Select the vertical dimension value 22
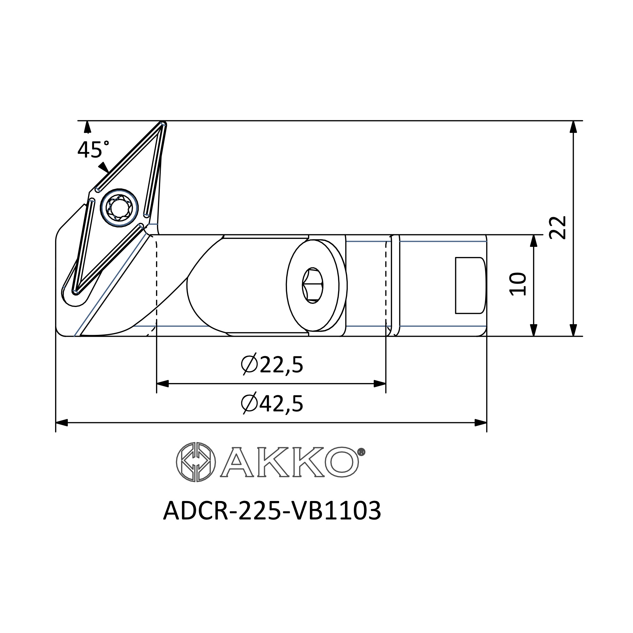[558, 227]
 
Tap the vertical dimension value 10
[518, 284]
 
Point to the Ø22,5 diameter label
[272, 365]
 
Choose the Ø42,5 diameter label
[272, 404]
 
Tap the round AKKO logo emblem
[196, 462]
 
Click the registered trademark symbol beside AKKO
[361, 452]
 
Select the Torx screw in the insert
[119, 207]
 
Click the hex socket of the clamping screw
[312, 285]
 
